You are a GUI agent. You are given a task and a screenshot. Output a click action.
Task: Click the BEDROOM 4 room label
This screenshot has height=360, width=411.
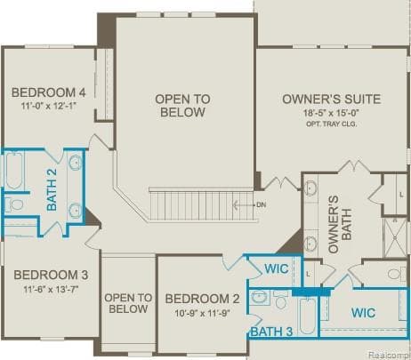(x=48, y=92)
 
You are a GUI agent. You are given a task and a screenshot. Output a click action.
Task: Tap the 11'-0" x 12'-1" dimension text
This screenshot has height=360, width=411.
(x=48, y=107)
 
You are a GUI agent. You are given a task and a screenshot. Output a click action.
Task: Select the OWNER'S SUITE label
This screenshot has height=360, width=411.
(x=331, y=99)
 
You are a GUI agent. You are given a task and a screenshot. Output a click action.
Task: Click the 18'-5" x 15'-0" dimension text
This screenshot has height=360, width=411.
(x=331, y=114)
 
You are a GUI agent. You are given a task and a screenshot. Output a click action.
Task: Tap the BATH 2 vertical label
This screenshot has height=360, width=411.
(x=52, y=189)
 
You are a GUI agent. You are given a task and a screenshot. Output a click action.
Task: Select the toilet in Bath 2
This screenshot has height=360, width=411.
(x=15, y=204)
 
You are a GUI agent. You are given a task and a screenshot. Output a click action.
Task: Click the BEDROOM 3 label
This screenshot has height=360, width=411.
(x=50, y=274)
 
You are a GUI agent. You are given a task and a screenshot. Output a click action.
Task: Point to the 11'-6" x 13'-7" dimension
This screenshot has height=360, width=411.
(x=50, y=289)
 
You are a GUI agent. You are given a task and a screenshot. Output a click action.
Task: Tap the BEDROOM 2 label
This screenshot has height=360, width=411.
(x=202, y=299)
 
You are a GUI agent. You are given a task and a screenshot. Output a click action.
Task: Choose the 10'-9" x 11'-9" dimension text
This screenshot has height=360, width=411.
(x=202, y=313)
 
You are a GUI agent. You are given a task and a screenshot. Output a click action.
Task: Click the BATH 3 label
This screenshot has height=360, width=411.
(x=270, y=332)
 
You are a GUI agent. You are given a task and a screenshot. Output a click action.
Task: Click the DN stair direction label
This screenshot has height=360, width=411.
(x=262, y=204)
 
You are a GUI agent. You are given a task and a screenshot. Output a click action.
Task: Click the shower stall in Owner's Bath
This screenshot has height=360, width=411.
(x=395, y=236)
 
